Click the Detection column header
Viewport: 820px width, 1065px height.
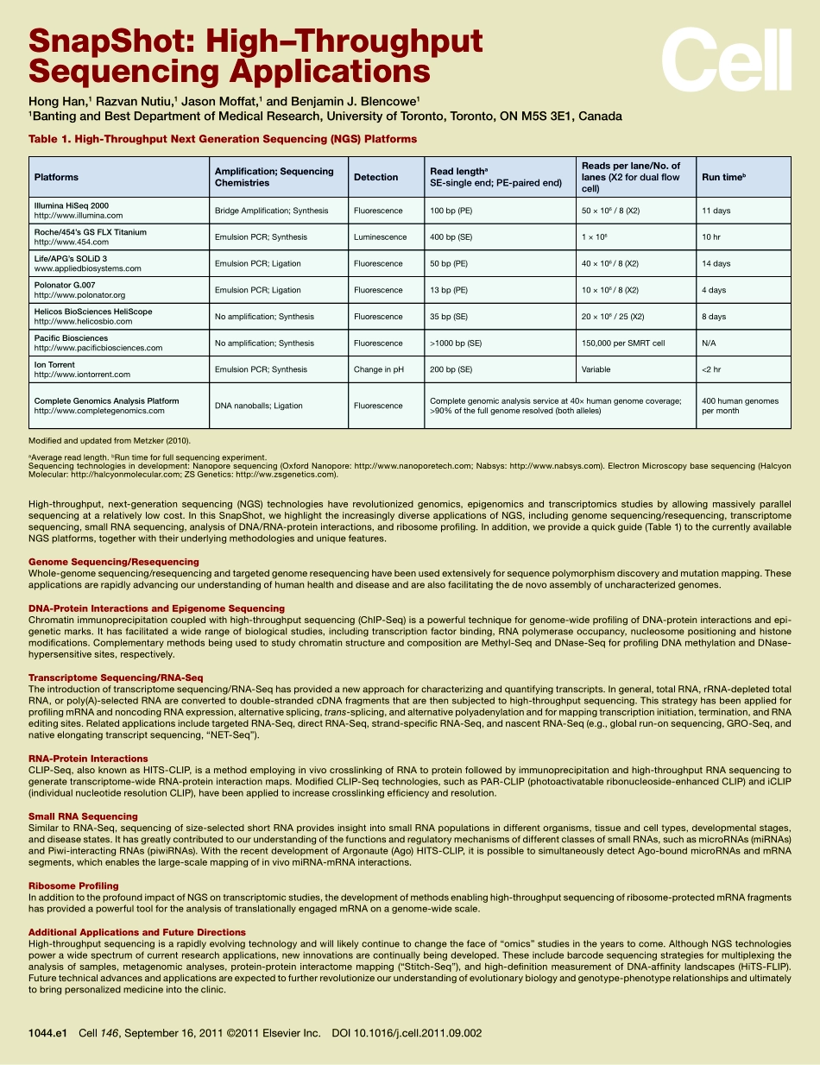(x=375, y=177)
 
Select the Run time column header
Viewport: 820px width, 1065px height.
(x=723, y=177)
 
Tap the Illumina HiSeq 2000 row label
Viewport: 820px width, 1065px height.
(x=72, y=205)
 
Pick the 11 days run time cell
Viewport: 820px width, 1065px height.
(x=716, y=211)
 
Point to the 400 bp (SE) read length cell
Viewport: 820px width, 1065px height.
(x=451, y=237)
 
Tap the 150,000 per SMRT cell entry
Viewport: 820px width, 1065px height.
(x=622, y=343)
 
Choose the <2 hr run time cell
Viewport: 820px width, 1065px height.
(x=711, y=369)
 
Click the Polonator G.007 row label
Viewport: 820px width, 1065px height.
(x=65, y=285)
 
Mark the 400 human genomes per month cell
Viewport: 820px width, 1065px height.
(x=740, y=406)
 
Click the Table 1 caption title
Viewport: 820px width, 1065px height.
(x=223, y=139)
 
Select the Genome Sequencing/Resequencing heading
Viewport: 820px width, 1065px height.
(x=113, y=562)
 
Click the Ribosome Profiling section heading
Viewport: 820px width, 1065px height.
(x=73, y=886)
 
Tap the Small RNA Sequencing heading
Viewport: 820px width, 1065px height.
(x=83, y=816)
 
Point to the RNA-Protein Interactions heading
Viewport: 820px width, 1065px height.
(x=88, y=759)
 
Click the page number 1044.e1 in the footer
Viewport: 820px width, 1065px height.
(x=47, y=1032)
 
